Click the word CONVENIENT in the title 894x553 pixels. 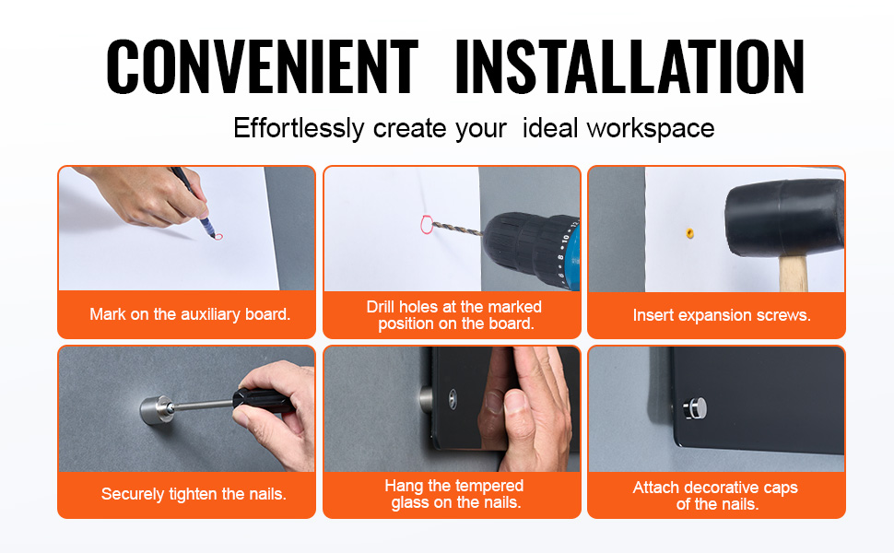tap(263, 66)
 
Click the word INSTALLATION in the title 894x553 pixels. tap(630, 66)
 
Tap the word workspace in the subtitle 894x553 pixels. tap(651, 129)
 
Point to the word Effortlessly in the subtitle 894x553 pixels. tap(299, 129)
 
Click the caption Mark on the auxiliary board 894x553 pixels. tap(190, 314)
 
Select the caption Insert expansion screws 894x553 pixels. tap(722, 315)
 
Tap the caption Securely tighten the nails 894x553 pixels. tap(194, 494)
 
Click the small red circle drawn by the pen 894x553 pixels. tap(218, 236)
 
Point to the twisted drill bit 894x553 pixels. tap(457, 229)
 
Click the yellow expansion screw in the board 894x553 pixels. tap(690, 232)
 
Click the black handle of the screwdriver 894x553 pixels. tap(264, 400)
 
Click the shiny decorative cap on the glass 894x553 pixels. tap(695, 409)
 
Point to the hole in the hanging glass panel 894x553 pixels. tap(453, 399)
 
